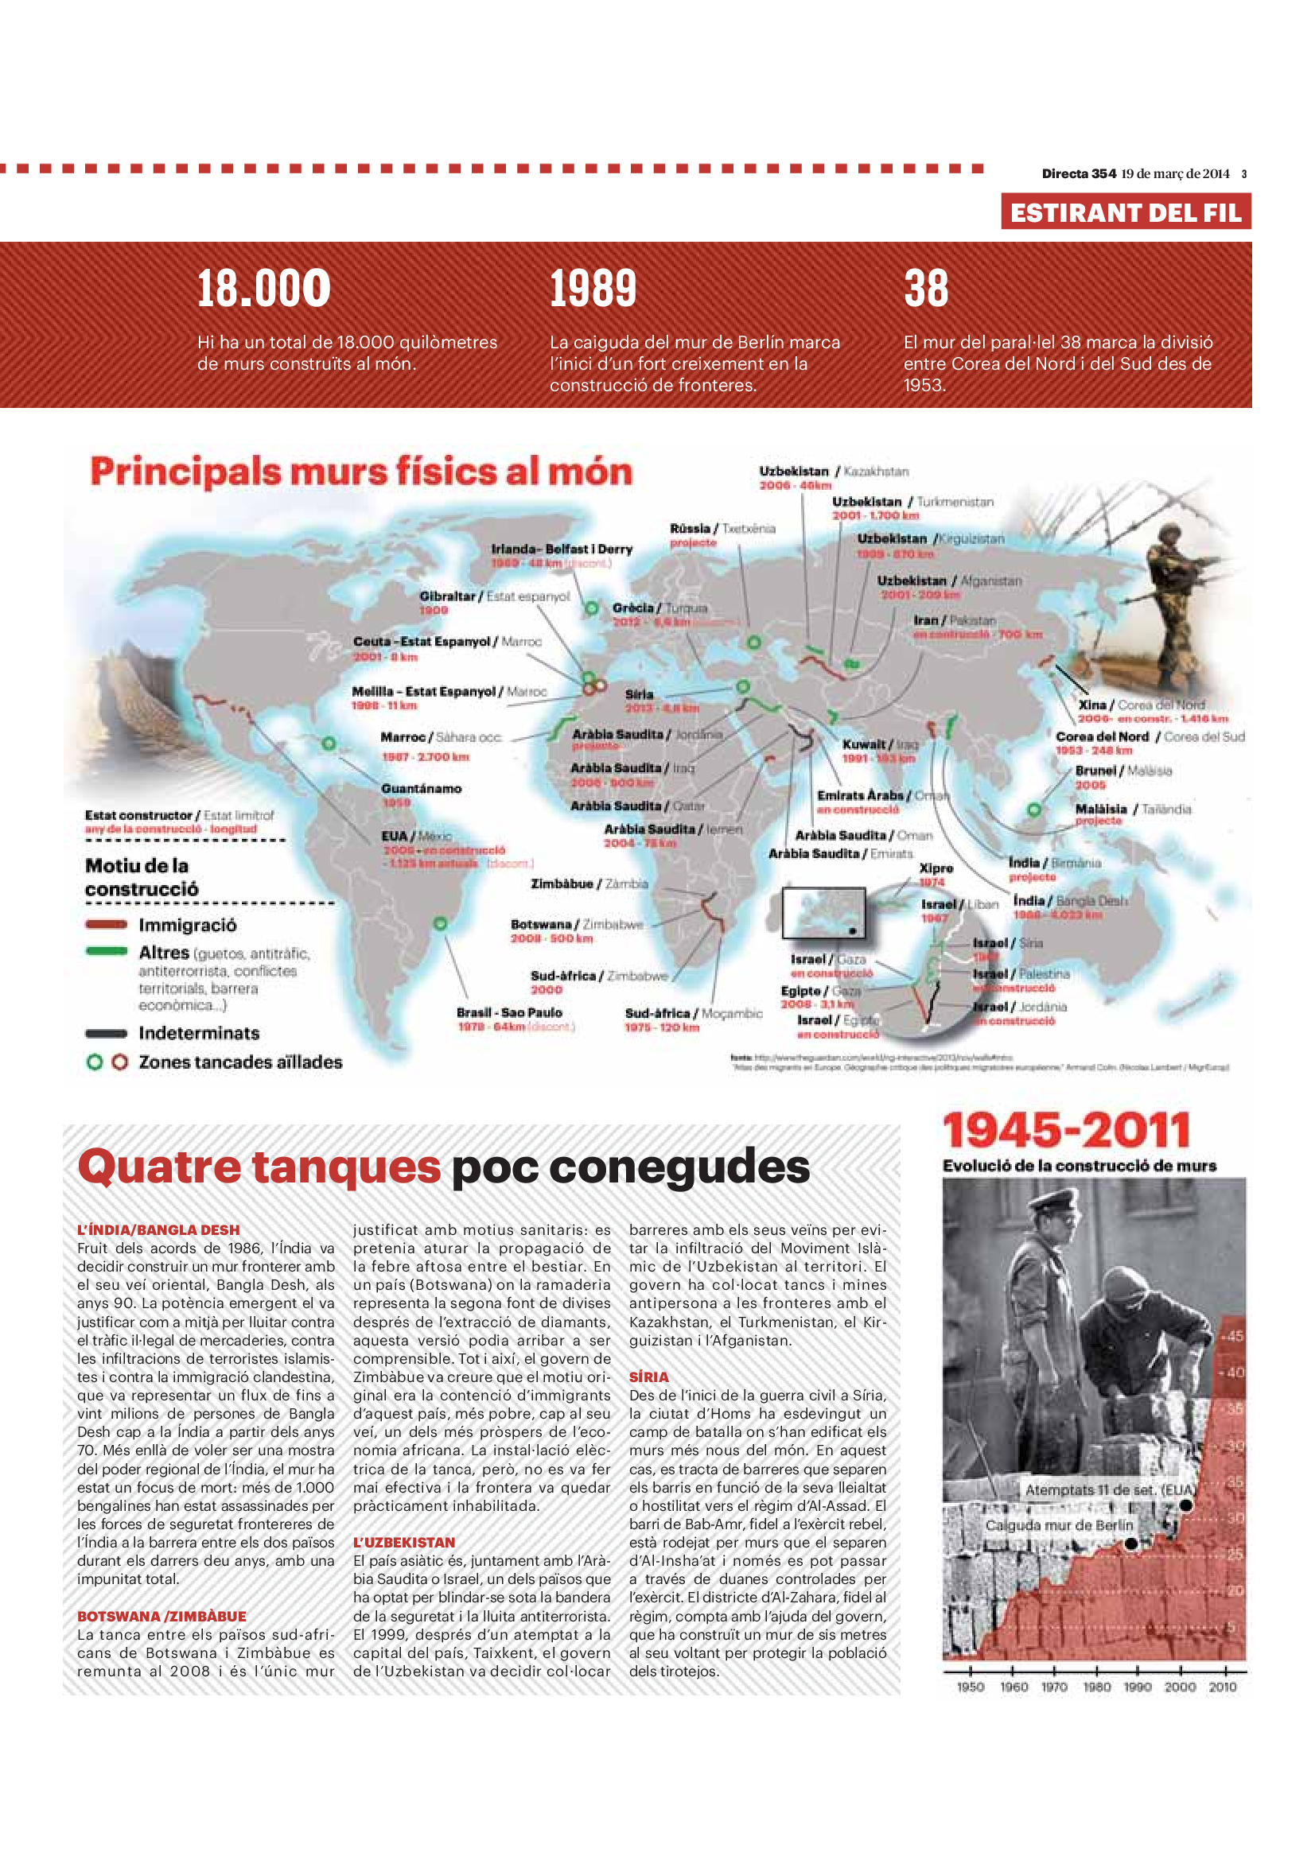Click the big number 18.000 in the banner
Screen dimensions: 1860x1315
pyautogui.click(x=264, y=289)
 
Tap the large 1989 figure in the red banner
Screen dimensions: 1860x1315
pyautogui.click(x=593, y=289)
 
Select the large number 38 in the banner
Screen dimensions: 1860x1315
pyautogui.click(x=925, y=289)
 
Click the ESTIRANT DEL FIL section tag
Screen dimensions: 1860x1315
pyautogui.click(x=1126, y=212)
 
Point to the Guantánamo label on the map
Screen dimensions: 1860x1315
pyautogui.click(x=422, y=788)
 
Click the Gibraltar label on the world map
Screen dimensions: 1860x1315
pyautogui.click(x=447, y=596)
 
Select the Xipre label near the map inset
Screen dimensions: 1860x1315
pyautogui.click(x=936, y=868)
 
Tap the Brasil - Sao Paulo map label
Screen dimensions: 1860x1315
pyautogui.click(x=509, y=1012)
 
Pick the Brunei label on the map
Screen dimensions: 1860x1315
pyautogui.click(x=1095, y=771)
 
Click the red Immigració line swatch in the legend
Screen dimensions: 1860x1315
pyautogui.click(x=106, y=924)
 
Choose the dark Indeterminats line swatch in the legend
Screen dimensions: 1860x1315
pyautogui.click(x=106, y=1033)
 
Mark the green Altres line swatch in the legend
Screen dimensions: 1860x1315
pyautogui.click(x=106, y=951)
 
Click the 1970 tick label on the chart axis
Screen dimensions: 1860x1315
pyautogui.click(x=1054, y=1687)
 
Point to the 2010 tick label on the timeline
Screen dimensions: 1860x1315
pyautogui.click(x=1222, y=1687)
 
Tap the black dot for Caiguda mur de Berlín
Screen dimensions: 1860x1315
pyautogui.click(x=1132, y=1544)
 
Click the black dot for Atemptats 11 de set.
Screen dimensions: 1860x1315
pyautogui.click(x=1186, y=1505)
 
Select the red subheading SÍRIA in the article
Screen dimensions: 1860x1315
pyautogui.click(x=649, y=1377)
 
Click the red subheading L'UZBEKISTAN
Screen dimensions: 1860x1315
pyautogui.click(x=403, y=1543)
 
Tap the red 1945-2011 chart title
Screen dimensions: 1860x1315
pyautogui.click(x=1065, y=1130)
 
